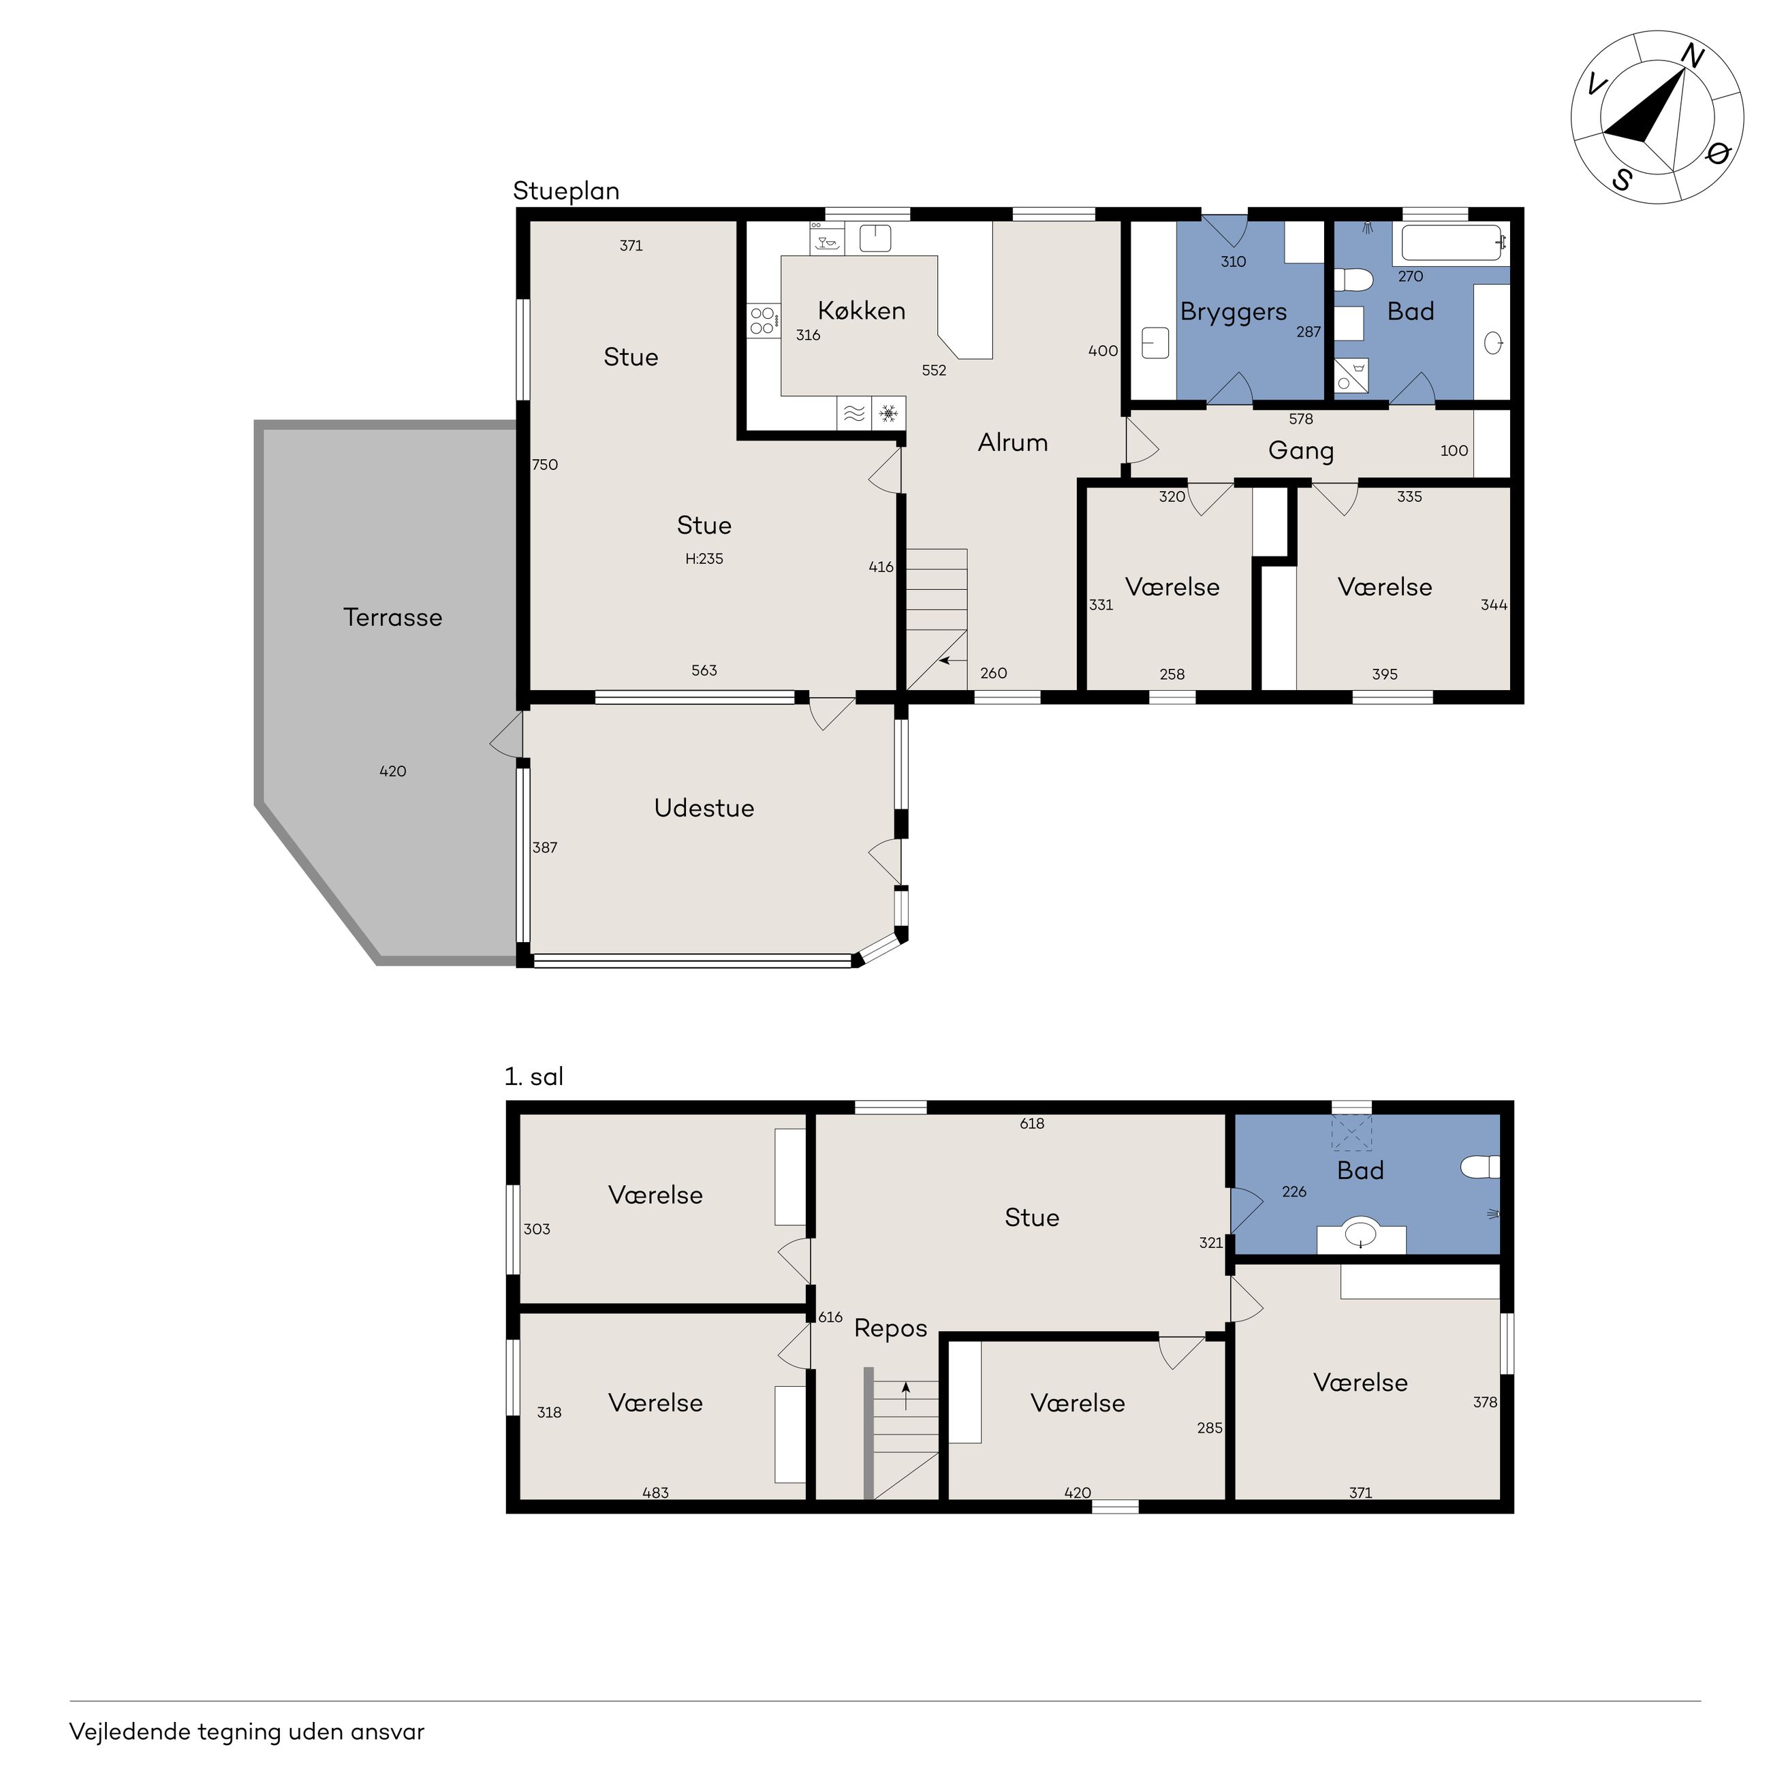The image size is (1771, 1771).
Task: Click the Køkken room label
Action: (x=862, y=311)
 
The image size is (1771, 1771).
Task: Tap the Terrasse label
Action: (x=392, y=617)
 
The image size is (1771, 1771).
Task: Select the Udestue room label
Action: (x=704, y=808)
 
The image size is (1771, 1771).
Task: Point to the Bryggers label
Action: (x=1233, y=313)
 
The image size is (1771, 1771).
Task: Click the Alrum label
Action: (x=1013, y=443)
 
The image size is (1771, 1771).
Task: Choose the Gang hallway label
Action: (x=1301, y=452)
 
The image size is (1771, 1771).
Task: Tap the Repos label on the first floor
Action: (x=890, y=1329)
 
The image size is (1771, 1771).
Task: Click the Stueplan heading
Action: (x=565, y=191)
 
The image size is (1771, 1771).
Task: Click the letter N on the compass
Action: (x=1691, y=58)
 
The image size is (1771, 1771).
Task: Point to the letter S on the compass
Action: (x=1623, y=180)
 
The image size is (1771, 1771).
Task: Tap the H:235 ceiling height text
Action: (x=704, y=559)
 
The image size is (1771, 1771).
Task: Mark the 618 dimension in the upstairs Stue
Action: (x=1032, y=1124)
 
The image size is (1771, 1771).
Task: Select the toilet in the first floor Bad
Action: (x=1479, y=1167)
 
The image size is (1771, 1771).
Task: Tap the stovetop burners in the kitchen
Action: (x=762, y=321)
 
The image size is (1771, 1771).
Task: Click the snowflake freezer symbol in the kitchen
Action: (x=888, y=414)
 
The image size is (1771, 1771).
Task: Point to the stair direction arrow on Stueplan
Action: (x=952, y=660)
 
